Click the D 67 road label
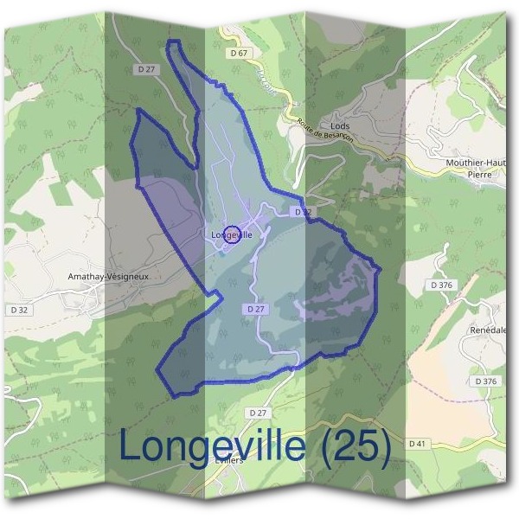[x=240, y=54]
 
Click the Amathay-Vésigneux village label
[x=109, y=277]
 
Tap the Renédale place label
[x=490, y=330]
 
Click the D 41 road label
[x=441, y=444]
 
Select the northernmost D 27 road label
[x=145, y=67]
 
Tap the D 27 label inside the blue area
[x=254, y=309]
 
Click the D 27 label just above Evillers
[x=258, y=413]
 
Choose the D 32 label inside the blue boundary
[x=302, y=211]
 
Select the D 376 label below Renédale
[x=485, y=381]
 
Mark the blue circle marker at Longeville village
[x=232, y=234]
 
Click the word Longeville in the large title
[x=213, y=446]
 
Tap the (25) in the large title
[x=354, y=446]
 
